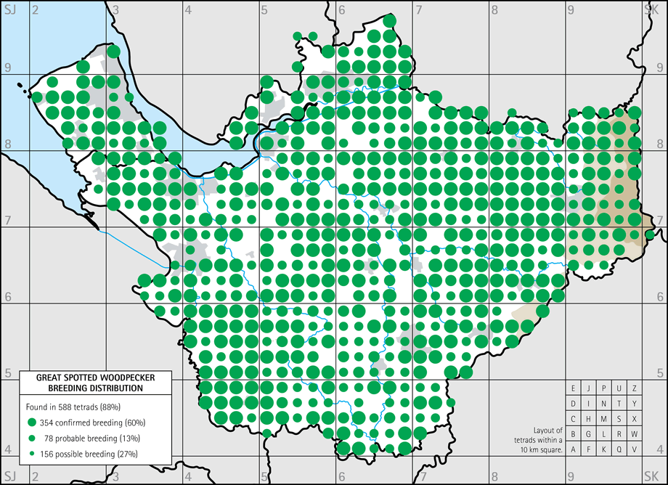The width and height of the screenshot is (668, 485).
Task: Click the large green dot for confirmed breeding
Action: (32, 423)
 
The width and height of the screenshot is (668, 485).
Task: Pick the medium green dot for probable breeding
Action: (32, 438)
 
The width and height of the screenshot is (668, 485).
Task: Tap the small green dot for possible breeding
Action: (32, 454)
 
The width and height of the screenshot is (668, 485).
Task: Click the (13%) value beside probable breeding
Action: (128, 438)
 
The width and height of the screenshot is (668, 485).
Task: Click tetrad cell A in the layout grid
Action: (574, 449)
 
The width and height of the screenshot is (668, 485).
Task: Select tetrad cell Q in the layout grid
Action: (619, 449)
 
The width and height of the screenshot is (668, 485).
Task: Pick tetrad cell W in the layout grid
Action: (635, 434)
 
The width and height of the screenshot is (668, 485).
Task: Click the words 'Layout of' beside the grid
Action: (547, 430)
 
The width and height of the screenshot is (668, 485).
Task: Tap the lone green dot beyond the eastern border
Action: (650, 235)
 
